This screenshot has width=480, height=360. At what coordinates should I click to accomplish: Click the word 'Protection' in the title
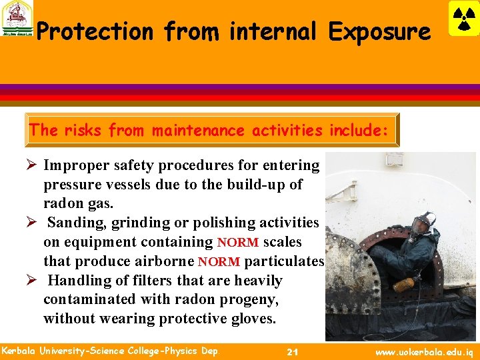(95, 31)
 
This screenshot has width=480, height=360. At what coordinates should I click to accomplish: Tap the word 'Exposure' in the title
(379, 31)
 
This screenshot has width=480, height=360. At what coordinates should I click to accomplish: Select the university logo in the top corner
(17, 18)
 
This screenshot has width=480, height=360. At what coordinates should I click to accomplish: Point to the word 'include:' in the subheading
(359, 130)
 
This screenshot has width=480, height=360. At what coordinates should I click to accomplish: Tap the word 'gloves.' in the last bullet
(251, 319)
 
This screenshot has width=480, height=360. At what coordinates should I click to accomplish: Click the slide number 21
(291, 351)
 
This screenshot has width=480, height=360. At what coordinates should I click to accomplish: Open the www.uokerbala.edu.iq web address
(425, 351)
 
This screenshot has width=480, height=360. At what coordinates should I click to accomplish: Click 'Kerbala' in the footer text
(20, 351)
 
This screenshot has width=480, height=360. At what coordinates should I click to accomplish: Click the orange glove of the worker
(404, 285)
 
